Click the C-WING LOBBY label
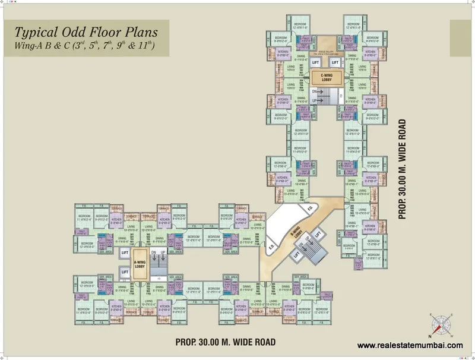point(325,77)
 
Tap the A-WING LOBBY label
point(140,266)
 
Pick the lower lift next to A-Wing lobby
point(125,272)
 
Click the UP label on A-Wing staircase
point(163,252)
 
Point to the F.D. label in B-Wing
point(309,209)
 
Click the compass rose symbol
point(440,324)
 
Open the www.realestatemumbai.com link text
point(410,345)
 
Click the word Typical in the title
point(35,33)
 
